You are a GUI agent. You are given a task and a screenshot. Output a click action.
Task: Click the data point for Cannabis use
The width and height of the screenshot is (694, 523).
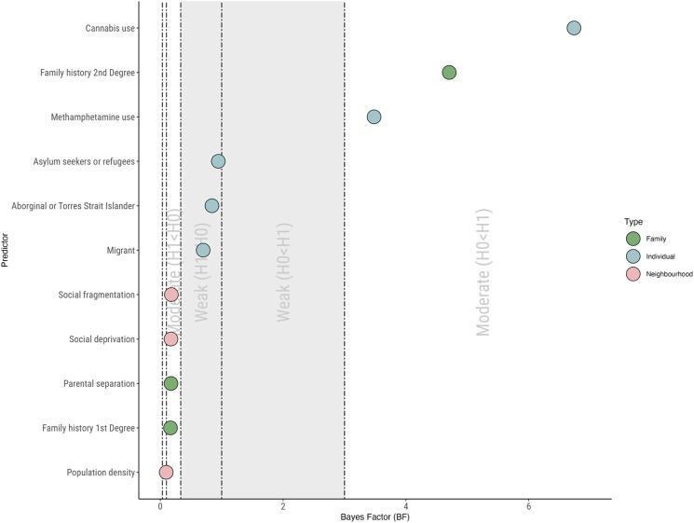tap(574, 28)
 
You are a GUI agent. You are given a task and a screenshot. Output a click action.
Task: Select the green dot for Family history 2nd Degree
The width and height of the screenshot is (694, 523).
tap(449, 73)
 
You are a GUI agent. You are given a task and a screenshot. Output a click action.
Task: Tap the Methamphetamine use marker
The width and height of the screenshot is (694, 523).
tap(374, 117)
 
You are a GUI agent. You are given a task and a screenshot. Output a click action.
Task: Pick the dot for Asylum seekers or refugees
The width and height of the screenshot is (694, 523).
tap(218, 161)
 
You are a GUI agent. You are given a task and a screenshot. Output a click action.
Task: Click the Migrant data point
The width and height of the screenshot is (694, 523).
tap(203, 250)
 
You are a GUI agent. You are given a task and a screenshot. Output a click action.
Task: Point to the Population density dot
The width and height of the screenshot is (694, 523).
tap(166, 472)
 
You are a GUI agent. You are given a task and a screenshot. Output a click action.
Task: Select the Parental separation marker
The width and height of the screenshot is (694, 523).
tap(170, 383)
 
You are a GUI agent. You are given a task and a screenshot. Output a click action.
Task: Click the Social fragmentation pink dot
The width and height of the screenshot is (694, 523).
tap(171, 295)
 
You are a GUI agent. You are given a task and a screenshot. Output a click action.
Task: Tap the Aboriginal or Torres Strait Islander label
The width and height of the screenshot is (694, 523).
tap(74, 206)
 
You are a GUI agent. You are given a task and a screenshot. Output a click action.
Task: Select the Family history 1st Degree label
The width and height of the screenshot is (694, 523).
tap(88, 428)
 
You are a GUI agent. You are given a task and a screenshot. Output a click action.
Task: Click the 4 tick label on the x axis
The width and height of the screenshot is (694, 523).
tap(405, 506)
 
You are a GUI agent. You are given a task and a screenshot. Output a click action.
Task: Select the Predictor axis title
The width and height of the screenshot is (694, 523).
tap(7, 250)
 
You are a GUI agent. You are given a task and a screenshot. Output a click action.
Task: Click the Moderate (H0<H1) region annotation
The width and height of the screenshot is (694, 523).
tap(483, 271)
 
